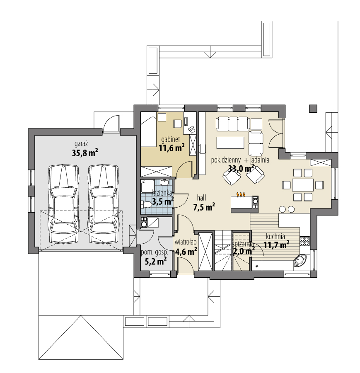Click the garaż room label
coord(81,143)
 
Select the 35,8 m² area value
coord(85,153)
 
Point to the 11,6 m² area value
coord(172,147)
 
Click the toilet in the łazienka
coord(146,204)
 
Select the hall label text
coord(202,198)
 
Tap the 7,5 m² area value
coord(204,207)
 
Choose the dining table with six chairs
coord(302,184)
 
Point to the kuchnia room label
coord(275,236)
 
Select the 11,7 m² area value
coord(276,245)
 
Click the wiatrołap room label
coord(185,242)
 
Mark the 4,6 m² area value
coord(186,251)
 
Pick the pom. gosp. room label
coord(154,252)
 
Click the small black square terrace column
coord(313,108)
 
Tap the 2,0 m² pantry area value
coord(243,251)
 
